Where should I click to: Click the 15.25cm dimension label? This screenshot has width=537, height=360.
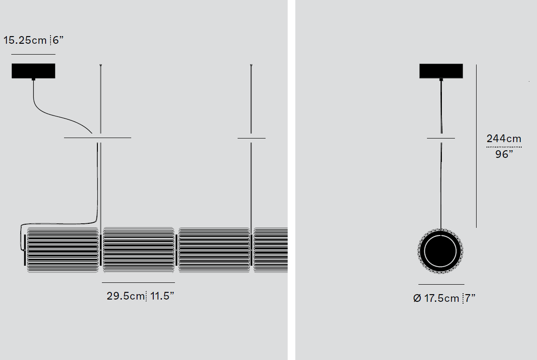[25, 40]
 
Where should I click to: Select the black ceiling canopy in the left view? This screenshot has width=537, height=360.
[33, 71]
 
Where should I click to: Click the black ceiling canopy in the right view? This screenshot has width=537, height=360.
[441, 71]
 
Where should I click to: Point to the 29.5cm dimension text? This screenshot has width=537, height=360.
[126, 296]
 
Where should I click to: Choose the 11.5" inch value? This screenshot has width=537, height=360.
[162, 295]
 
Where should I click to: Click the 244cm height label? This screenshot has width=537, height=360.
[504, 139]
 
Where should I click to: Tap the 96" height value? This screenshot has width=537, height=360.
[504, 154]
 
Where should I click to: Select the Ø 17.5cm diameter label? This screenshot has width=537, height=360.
[436, 298]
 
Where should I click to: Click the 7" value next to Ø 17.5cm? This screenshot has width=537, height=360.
[470, 298]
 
